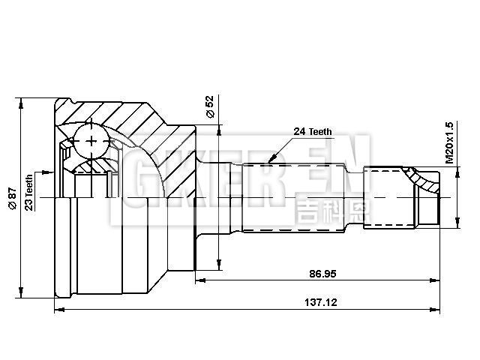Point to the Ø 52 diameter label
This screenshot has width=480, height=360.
coord(210,106)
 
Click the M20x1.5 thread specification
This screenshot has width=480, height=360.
coord(449,142)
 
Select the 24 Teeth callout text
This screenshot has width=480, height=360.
coord(313,131)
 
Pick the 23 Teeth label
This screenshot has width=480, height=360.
coord(28,192)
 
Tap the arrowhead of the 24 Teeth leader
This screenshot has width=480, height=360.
coord(269,160)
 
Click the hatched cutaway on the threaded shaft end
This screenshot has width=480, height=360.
coord(421,180)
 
